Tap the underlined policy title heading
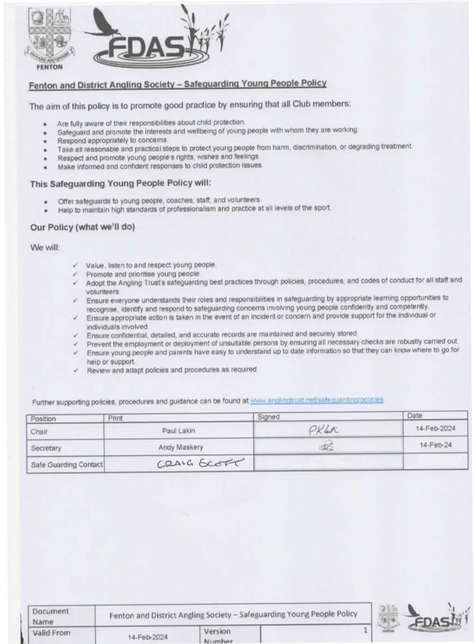pos(178,84)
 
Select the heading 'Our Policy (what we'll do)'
pos(82,227)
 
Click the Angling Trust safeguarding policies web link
pos(317,400)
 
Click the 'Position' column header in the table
pos(43,418)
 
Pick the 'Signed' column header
pos(269,417)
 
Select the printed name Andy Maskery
pos(180,447)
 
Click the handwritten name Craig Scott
pos(200,463)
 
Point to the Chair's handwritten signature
pos(324,430)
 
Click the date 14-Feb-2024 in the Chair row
pos(435,428)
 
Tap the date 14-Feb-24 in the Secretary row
pos(435,445)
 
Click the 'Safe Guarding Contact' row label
pos(66,464)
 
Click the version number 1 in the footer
pos(365,631)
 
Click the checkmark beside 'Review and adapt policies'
pos(75,370)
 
